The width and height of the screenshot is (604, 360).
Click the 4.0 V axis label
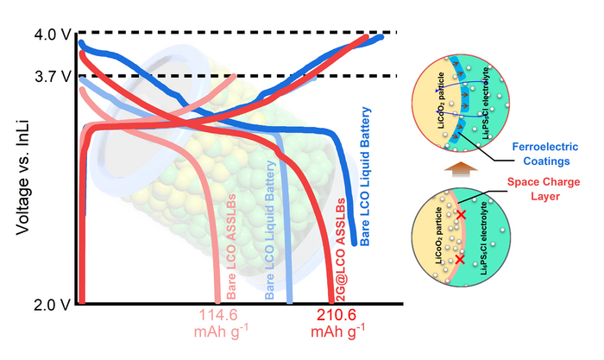35,35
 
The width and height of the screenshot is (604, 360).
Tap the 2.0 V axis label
35,305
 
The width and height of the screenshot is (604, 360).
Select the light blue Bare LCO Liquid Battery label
270,230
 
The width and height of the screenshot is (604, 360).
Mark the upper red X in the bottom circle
461,214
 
